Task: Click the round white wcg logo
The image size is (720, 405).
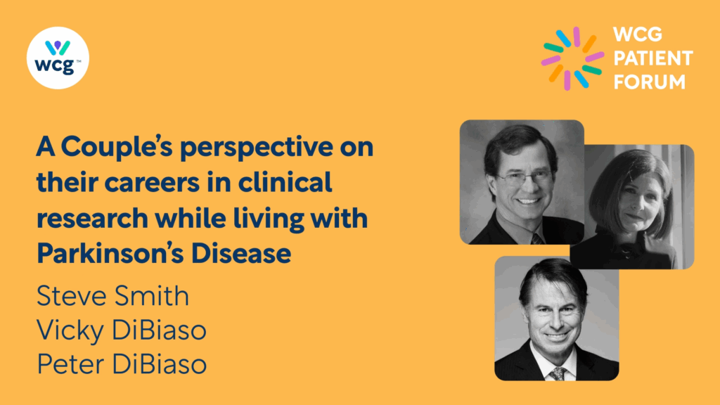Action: click(x=58, y=58)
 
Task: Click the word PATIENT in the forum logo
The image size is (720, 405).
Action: click(x=653, y=58)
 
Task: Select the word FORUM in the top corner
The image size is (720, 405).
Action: click(x=649, y=82)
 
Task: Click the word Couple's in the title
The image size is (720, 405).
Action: click(x=117, y=148)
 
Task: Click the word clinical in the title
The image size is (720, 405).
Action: click(x=285, y=182)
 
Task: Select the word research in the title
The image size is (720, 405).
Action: click(x=92, y=219)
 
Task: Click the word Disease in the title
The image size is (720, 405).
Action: click(x=241, y=253)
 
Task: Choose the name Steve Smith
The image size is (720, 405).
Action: click(x=112, y=295)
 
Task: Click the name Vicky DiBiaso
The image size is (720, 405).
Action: click(x=121, y=330)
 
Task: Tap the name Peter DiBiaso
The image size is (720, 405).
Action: click(x=121, y=364)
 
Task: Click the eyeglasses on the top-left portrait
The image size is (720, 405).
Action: click(x=525, y=178)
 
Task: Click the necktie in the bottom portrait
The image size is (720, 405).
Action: click(x=558, y=373)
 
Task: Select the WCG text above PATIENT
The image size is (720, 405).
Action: click(x=638, y=34)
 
